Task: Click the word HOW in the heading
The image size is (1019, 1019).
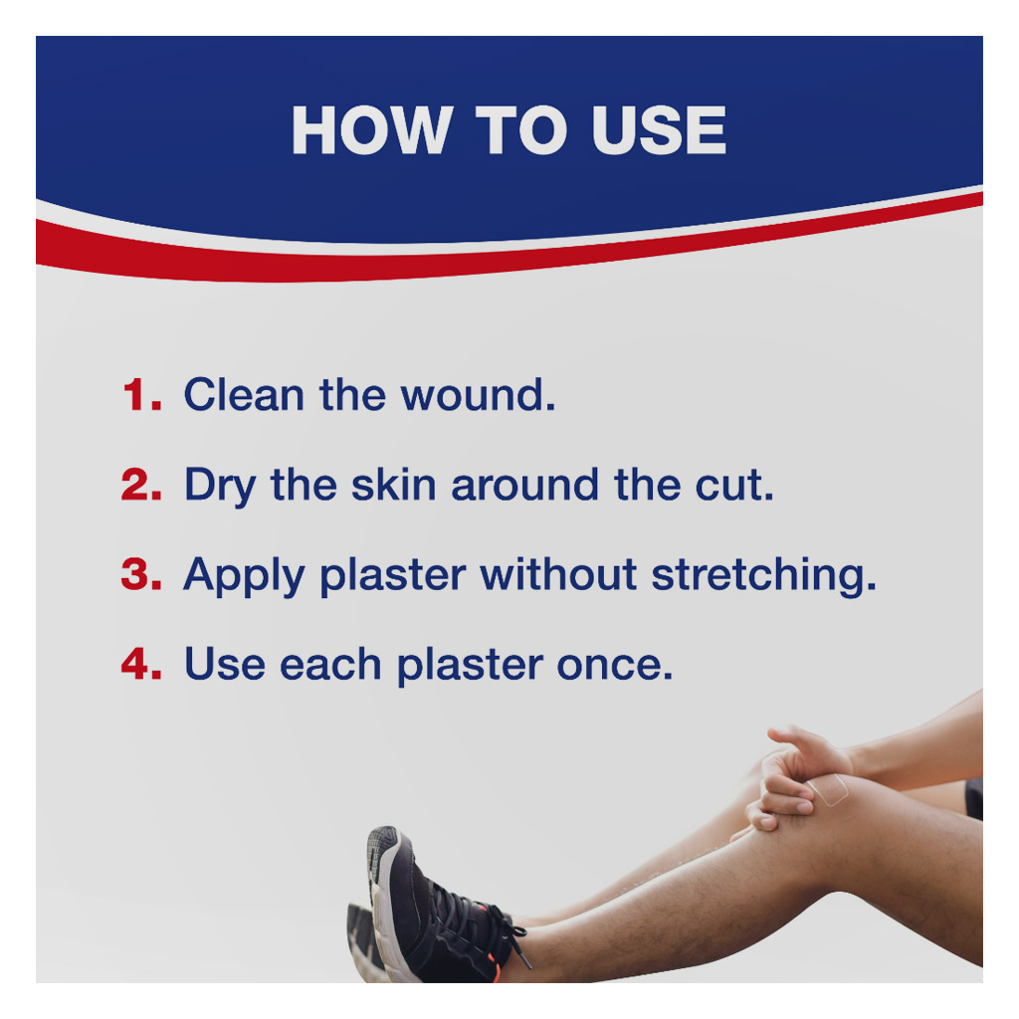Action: pyautogui.click(x=368, y=130)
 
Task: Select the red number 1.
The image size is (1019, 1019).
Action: pyautogui.click(x=142, y=395)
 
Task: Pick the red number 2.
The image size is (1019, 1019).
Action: pyautogui.click(x=142, y=485)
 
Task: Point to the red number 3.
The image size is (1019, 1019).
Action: pyautogui.click(x=142, y=574)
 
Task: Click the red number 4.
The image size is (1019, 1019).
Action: pyautogui.click(x=142, y=664)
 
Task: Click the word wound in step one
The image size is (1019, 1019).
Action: pyautogui.click(x=477, y=395)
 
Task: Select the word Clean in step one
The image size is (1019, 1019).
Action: pyautogui.click(x=244, y=395)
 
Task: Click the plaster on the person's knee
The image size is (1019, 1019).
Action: pyautogui.click(x=828, y=791)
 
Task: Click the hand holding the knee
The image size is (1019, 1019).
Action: pyautogui.click(x=796, y=776)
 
